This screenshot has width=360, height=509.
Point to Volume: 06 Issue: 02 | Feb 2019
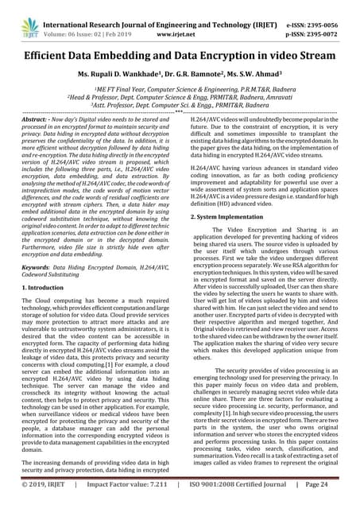(89, 21)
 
